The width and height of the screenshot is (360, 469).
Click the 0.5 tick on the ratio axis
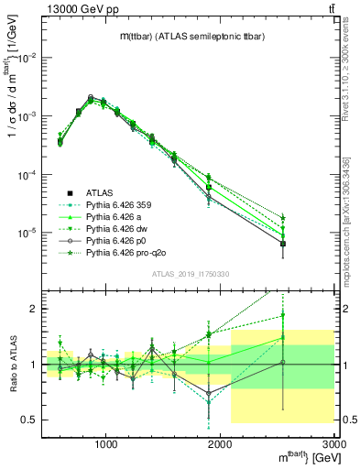[30, 420]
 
